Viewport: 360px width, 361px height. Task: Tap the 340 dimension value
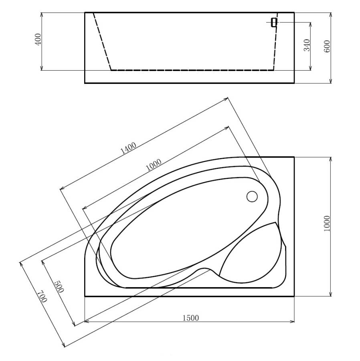pos(307,45)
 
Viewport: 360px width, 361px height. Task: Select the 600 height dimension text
pos(327,47)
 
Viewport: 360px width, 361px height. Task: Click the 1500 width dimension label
pos(190,318)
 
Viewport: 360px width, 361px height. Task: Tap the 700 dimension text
pos(41,296)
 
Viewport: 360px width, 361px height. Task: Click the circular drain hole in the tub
pos(252,197)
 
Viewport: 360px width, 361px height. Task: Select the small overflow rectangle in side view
pos(274,22)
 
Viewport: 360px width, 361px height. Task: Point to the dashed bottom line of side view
pos(192,70)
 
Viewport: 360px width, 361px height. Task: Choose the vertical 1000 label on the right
pos(327,223)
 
